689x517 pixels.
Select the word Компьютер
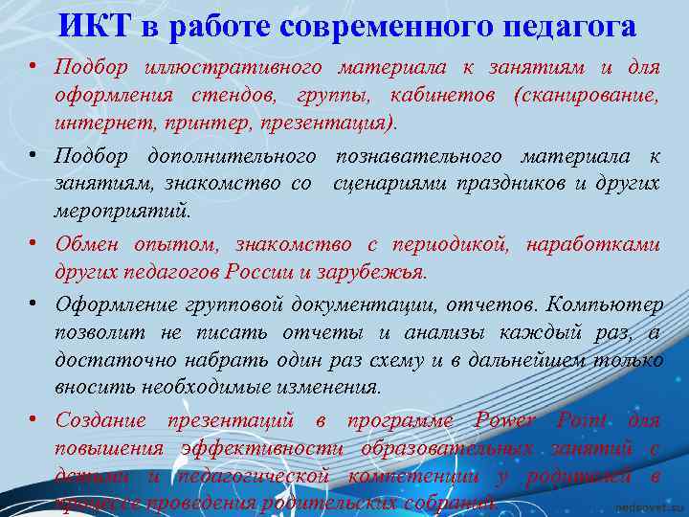pos(607,304)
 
